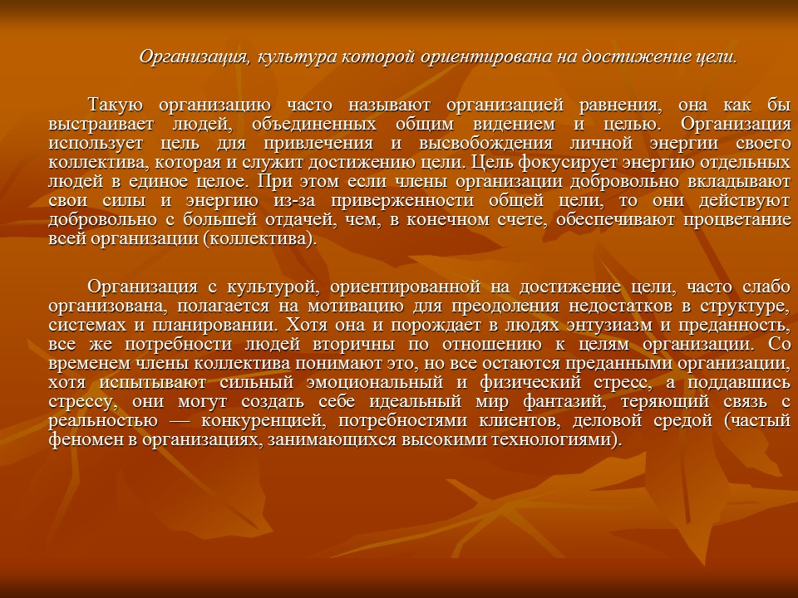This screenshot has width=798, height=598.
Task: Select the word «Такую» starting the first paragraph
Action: [116, 105]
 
